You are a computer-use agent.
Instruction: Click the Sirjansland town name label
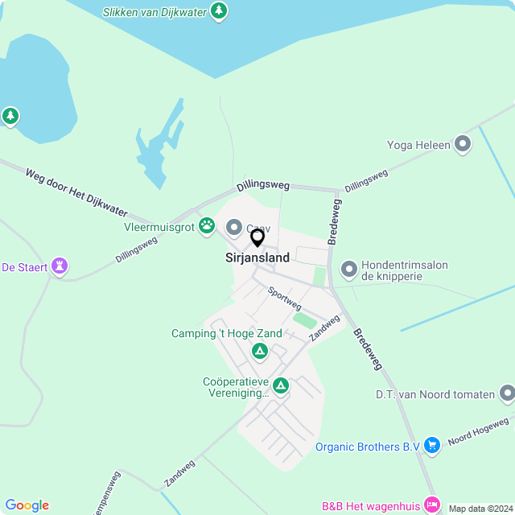point(257,258)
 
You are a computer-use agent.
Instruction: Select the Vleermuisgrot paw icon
point(207,225)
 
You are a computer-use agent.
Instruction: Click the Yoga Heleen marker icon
point(463,145)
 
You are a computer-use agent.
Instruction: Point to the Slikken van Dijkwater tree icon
point(218,11)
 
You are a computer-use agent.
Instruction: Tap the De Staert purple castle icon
point(59,266)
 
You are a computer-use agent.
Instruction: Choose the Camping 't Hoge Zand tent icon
point(259,351)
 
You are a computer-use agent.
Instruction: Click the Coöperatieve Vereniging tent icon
point(281,386)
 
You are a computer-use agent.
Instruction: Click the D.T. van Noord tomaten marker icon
point(507,393)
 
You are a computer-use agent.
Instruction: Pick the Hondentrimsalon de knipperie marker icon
point(348,269)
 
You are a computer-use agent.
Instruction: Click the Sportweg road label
point(285,299)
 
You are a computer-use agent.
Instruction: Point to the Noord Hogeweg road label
point(478,431)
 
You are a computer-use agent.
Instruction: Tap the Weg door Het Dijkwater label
point(76,192)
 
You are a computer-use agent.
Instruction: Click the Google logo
point(27,505)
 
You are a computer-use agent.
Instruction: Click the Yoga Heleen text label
point(417,145)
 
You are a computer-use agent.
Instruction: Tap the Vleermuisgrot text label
point(159,227)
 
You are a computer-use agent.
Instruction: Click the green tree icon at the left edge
point(10,117)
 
